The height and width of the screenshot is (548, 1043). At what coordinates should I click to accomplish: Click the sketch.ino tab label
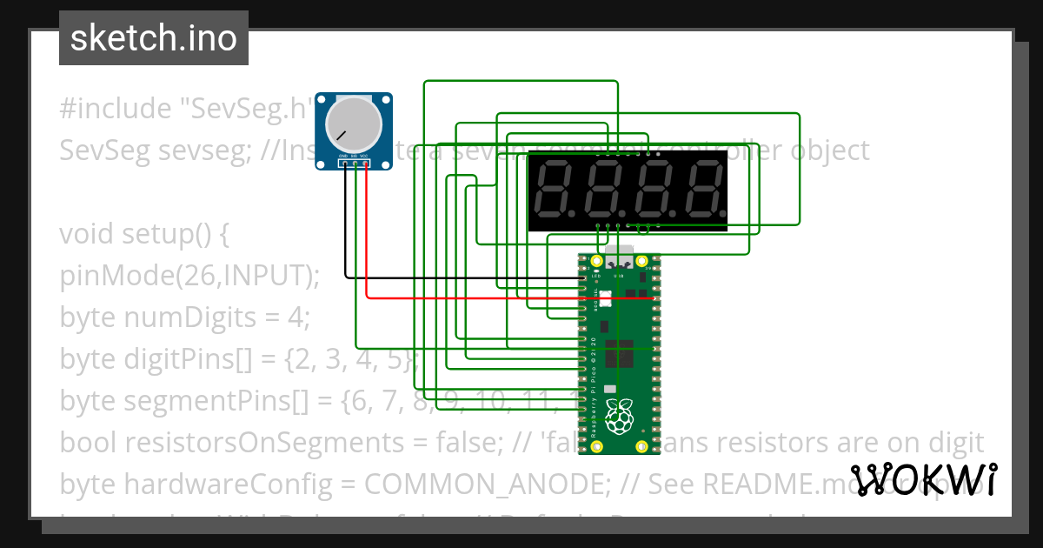(x=154, y=38)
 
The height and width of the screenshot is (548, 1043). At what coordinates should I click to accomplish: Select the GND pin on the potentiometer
(x=346, y=163)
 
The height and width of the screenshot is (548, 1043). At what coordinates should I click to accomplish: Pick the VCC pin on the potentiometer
(x=366, y=163)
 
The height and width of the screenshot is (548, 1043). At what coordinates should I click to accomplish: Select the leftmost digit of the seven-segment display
(x=555, y=190)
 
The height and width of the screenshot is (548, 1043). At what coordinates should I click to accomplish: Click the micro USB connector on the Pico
(x=619, y=257)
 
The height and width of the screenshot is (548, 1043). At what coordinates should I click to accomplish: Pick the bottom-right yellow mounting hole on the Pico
(x=642, y=447)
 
